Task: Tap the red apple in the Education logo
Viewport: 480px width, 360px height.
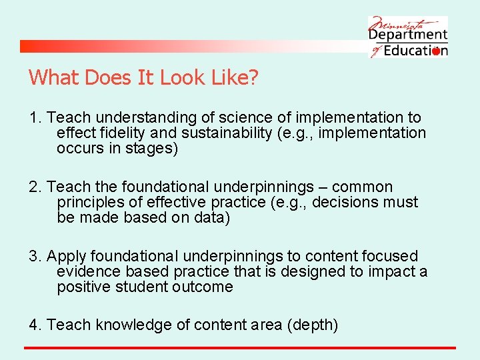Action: pyautogui.click(x=437, y=51)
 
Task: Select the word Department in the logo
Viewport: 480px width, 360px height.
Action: pyautogui.click(x=407, y=35)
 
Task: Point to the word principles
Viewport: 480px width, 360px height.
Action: pyautogui.click(x=91, y=203)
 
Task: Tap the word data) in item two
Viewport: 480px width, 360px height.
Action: pyautogui.click(x=213, y=218)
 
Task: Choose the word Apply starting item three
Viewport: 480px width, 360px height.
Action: pyautogui.click(x=66, y=257)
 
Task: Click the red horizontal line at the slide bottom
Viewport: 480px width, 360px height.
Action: pyautogui.click(x=240, y=348)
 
